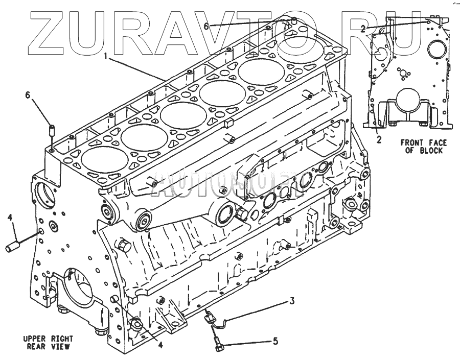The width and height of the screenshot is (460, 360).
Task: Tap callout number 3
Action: point(292,302)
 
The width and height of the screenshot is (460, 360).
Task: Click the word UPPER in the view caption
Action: point(36,339)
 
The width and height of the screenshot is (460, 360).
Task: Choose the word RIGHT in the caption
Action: point(61,339)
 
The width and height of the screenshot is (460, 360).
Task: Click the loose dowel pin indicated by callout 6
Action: point(52,131)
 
